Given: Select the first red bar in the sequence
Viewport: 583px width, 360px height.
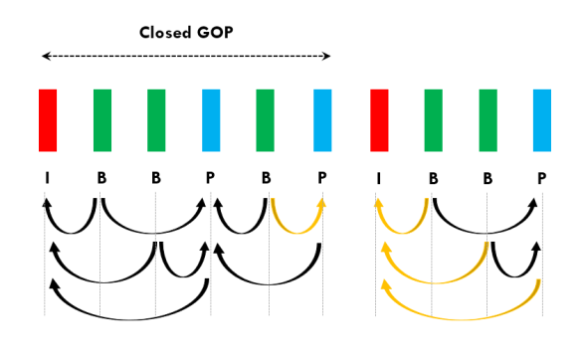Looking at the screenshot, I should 48,119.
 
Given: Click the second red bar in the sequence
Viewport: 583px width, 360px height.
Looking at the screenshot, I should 378,119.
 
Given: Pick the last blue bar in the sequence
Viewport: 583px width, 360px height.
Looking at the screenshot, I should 542,119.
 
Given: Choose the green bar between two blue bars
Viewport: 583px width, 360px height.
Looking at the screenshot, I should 265,119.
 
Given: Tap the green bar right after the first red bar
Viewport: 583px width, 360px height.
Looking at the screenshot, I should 102,119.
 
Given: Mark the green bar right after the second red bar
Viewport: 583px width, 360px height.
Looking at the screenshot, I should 433,119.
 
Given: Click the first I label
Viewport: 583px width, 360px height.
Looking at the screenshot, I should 46,179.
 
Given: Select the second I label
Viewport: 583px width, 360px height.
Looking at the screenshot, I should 377,179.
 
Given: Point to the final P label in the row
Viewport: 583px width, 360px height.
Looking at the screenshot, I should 541,179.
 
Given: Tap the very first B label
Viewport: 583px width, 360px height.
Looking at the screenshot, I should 101,179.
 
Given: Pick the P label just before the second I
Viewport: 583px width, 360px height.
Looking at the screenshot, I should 321,179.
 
